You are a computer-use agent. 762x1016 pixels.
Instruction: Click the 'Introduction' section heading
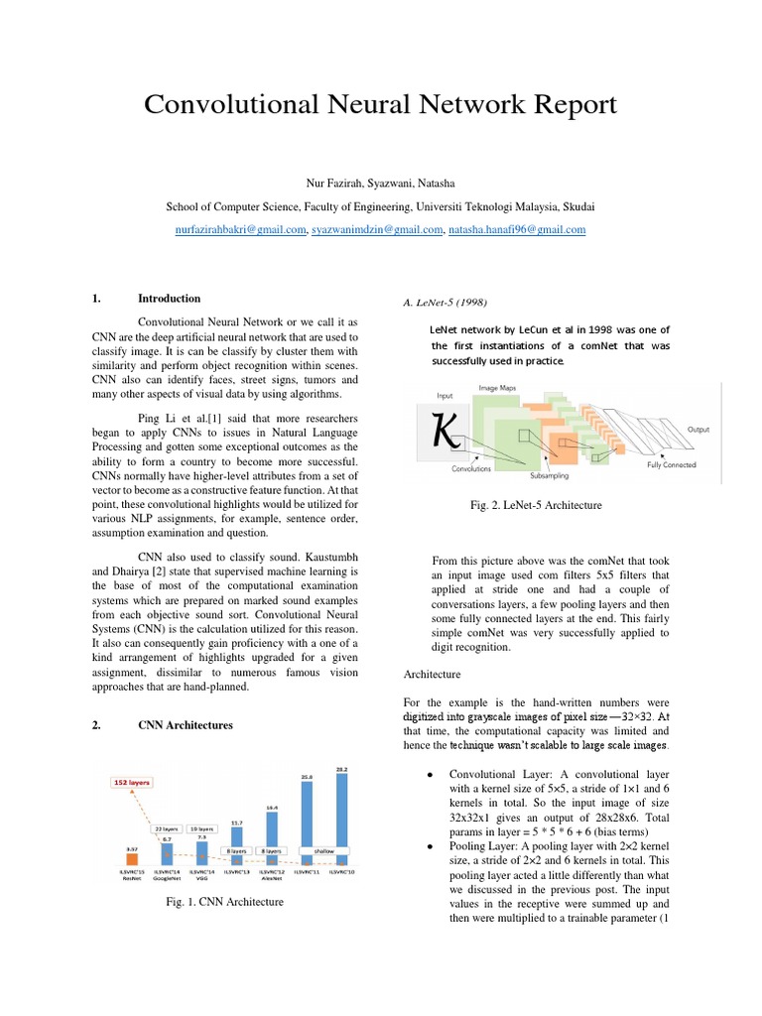click(x=169, y=298)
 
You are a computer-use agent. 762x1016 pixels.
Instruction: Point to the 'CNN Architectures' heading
click(x=186, y=725)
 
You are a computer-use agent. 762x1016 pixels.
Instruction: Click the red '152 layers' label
click(x=131, y=782)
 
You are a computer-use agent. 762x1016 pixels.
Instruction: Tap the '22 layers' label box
click(x=166, y=828)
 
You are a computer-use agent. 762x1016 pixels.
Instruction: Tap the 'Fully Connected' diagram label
click(x=671, y=464)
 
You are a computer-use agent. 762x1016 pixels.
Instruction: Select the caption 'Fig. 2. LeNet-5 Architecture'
click(x=536, y=505)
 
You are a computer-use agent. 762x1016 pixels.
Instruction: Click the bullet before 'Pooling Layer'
click(x=428, y=846)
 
